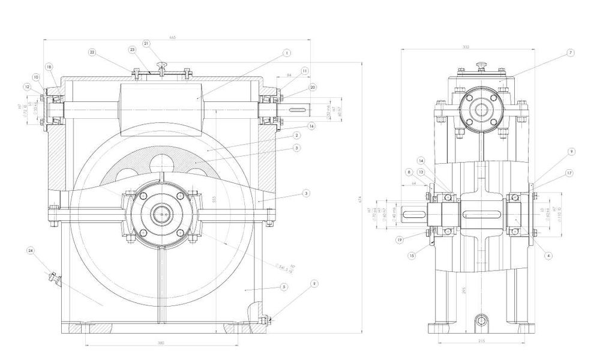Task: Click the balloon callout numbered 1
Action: point(287,53)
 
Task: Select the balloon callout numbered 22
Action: point(92,52)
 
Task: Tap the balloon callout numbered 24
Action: point(29,249)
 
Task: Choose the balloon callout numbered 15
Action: point(411,255)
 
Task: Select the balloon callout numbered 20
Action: point(313,87)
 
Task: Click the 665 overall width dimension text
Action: point(173,38)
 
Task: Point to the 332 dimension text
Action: point(484,47)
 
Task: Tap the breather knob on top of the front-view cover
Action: point(161,65)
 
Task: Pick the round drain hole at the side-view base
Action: point(482,320)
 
